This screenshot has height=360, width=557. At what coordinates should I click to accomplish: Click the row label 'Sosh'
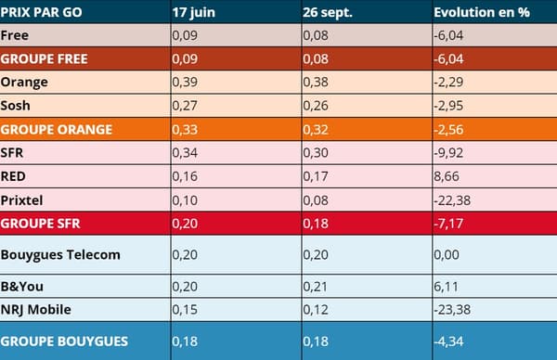click(x=18, y=105)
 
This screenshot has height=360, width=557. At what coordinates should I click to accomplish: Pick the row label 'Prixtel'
click(x=23, y=199)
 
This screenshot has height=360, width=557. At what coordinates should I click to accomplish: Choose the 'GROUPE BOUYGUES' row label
click(x=64, y=341)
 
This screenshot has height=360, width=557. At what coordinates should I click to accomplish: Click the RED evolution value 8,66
click(x=447, y=175)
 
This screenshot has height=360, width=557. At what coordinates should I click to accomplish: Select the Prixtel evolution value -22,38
click(x=452, y=199)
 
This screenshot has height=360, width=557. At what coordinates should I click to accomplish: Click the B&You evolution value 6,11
click(x=446, y=286)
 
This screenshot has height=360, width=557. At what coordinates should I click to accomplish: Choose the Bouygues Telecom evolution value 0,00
click(x=447, y=254)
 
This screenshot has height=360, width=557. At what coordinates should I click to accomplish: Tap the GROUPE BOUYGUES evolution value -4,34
click(x=449, y=341)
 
